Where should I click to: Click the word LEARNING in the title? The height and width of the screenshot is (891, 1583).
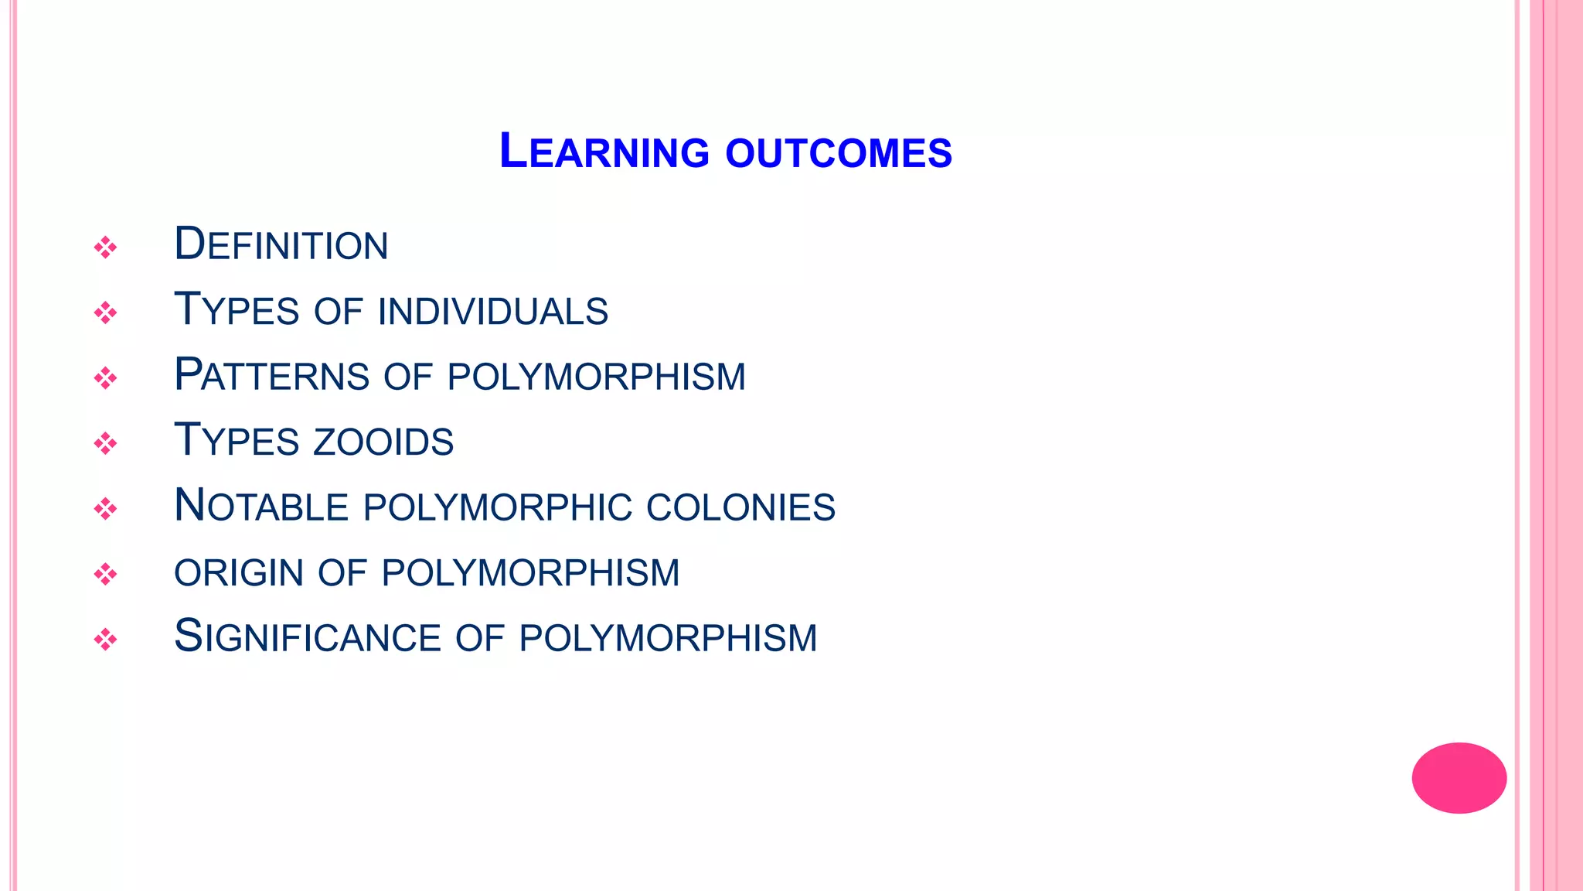[604, 152]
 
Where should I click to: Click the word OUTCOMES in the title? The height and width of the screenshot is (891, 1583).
[839, 153]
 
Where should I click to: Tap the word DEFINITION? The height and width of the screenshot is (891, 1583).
[281, 244]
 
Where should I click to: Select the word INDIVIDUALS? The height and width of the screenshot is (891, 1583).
[493, 311]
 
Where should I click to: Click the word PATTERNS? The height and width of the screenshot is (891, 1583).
[272, 376]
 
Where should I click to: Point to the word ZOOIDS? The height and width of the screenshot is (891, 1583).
[383, 442]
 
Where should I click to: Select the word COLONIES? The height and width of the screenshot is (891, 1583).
[740, 507]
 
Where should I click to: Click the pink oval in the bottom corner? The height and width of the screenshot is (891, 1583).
[1459, 777]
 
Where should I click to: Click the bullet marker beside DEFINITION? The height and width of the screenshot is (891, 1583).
[105, 247]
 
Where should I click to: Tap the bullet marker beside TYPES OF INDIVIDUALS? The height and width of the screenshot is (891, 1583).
[105, 313]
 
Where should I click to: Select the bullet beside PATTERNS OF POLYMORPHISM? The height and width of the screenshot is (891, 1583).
[105, 378]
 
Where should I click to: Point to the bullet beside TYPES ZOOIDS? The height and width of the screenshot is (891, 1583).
[105, 444]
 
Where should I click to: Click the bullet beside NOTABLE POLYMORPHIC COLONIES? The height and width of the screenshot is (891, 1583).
[105, 509]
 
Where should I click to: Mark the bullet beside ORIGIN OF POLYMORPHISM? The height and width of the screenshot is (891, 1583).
[105, 575]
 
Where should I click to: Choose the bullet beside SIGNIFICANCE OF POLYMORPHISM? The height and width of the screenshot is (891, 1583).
[105, 640]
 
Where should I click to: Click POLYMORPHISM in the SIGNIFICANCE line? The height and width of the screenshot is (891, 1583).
[668, 639]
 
